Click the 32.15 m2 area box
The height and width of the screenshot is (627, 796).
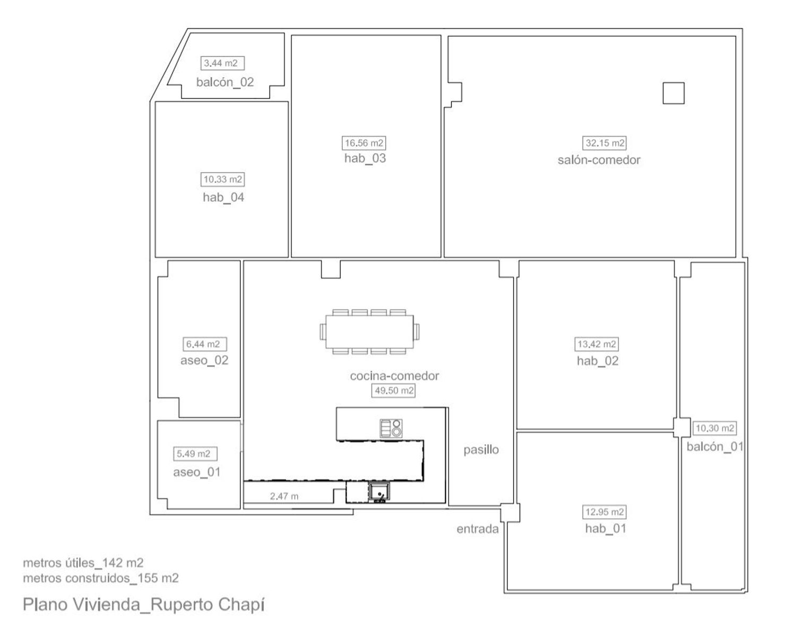click(604, 143)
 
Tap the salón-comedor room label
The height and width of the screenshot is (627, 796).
click(599, 160)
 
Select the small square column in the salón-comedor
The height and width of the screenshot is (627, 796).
click(673, 93)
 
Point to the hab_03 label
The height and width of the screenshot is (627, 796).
click(365, 158)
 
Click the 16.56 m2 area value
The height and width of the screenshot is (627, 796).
click(364, 143)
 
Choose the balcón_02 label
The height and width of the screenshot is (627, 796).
click(225, 82)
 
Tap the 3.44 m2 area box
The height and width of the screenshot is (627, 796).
click(222, 63)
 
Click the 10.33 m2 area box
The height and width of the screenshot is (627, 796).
click(222, 179)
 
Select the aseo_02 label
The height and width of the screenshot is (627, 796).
click(204, 360)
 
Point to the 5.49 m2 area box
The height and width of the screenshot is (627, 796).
click(195, 454)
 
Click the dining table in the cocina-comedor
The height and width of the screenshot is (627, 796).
click(369, 332)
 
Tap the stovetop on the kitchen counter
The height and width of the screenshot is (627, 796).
click(391, 428)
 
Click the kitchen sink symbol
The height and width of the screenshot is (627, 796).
click(379, 492)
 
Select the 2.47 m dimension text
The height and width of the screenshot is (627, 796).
click(284, 496)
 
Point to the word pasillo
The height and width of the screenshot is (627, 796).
click(481, 450)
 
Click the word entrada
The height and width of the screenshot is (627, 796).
click(478, 529)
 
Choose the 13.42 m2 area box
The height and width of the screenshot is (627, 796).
click(596, 344)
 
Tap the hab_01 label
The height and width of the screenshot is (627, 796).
click(605, 529)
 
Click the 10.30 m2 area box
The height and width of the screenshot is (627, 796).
click(715, 428)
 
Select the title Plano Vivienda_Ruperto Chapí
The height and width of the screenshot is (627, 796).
click(144, 605)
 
